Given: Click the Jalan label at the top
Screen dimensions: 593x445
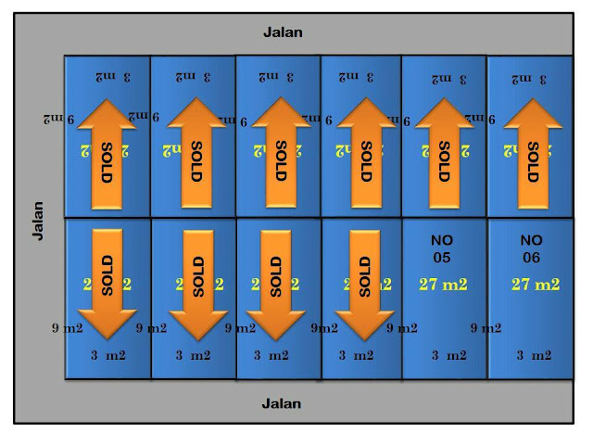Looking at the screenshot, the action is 282,32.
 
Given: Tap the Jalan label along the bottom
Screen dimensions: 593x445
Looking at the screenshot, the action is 282,403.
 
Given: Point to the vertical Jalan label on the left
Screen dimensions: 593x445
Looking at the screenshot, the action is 38,220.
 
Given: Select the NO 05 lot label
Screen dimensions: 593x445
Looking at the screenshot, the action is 443,248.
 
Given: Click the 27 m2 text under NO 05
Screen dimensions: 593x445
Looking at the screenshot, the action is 442,285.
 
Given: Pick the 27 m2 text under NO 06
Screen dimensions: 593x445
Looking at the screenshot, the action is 536,285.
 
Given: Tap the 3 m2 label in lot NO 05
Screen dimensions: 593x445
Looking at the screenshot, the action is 448,354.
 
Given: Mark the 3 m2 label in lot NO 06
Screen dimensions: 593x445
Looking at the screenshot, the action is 533,354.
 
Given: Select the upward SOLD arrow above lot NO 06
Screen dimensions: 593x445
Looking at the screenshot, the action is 531,153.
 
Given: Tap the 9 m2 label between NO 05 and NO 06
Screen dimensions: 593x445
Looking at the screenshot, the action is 486,327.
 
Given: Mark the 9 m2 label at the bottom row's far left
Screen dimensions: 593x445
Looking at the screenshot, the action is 68,327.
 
